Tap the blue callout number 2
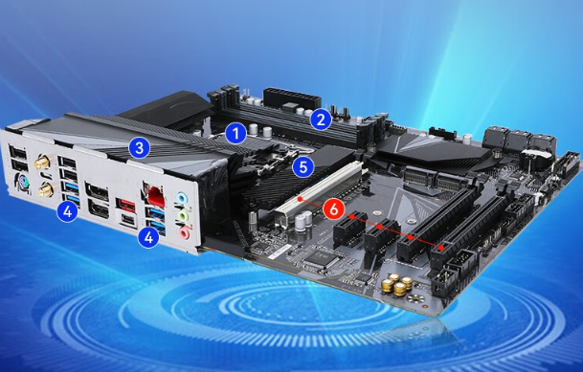(321, 120)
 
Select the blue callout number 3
(140, 147)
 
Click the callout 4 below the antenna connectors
(67, 210)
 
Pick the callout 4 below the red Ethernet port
(148, 236)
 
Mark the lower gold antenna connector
(45, 188)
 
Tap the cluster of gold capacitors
(397, 284)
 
